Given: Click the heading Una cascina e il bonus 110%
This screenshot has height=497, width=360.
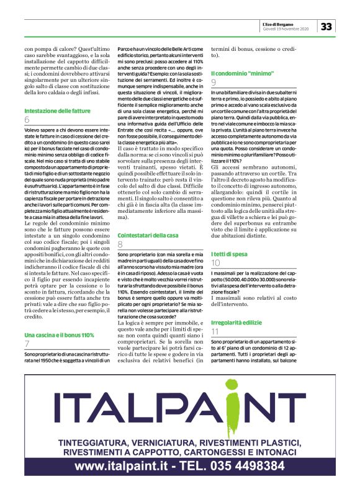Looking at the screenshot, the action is [x=59, y=334].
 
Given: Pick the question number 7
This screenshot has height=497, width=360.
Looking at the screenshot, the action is [x=27, y=344].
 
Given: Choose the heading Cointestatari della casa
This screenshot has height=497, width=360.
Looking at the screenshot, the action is [x=148, y=218].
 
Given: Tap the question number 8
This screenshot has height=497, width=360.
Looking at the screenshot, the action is [x=120, y=227].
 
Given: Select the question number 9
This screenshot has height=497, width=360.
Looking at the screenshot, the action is [x=214, y=82].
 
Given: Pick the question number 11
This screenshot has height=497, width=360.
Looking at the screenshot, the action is [x=215, y=333].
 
